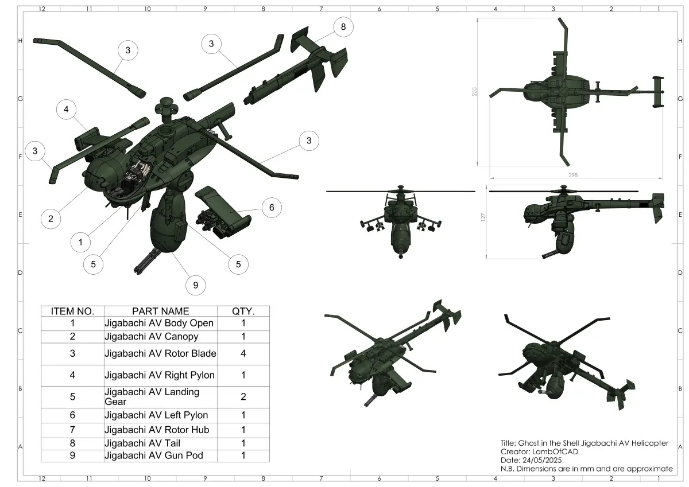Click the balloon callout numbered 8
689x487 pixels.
click(x=343, y=27)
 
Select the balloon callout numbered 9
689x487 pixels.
click(x=196, y=286)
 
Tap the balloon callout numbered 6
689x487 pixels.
click(x=272, y=208)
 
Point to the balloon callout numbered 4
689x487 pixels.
click(x=66, y=110)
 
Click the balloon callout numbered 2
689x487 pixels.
click(x=51, y=219)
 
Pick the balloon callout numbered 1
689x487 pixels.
click(x=80, y=243)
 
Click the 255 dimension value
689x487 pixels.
click(x=475, y=92)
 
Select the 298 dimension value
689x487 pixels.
click(x=573, y=175)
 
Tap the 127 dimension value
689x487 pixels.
click(x=483, y=217)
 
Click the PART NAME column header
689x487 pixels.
click(x=161, y=311)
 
